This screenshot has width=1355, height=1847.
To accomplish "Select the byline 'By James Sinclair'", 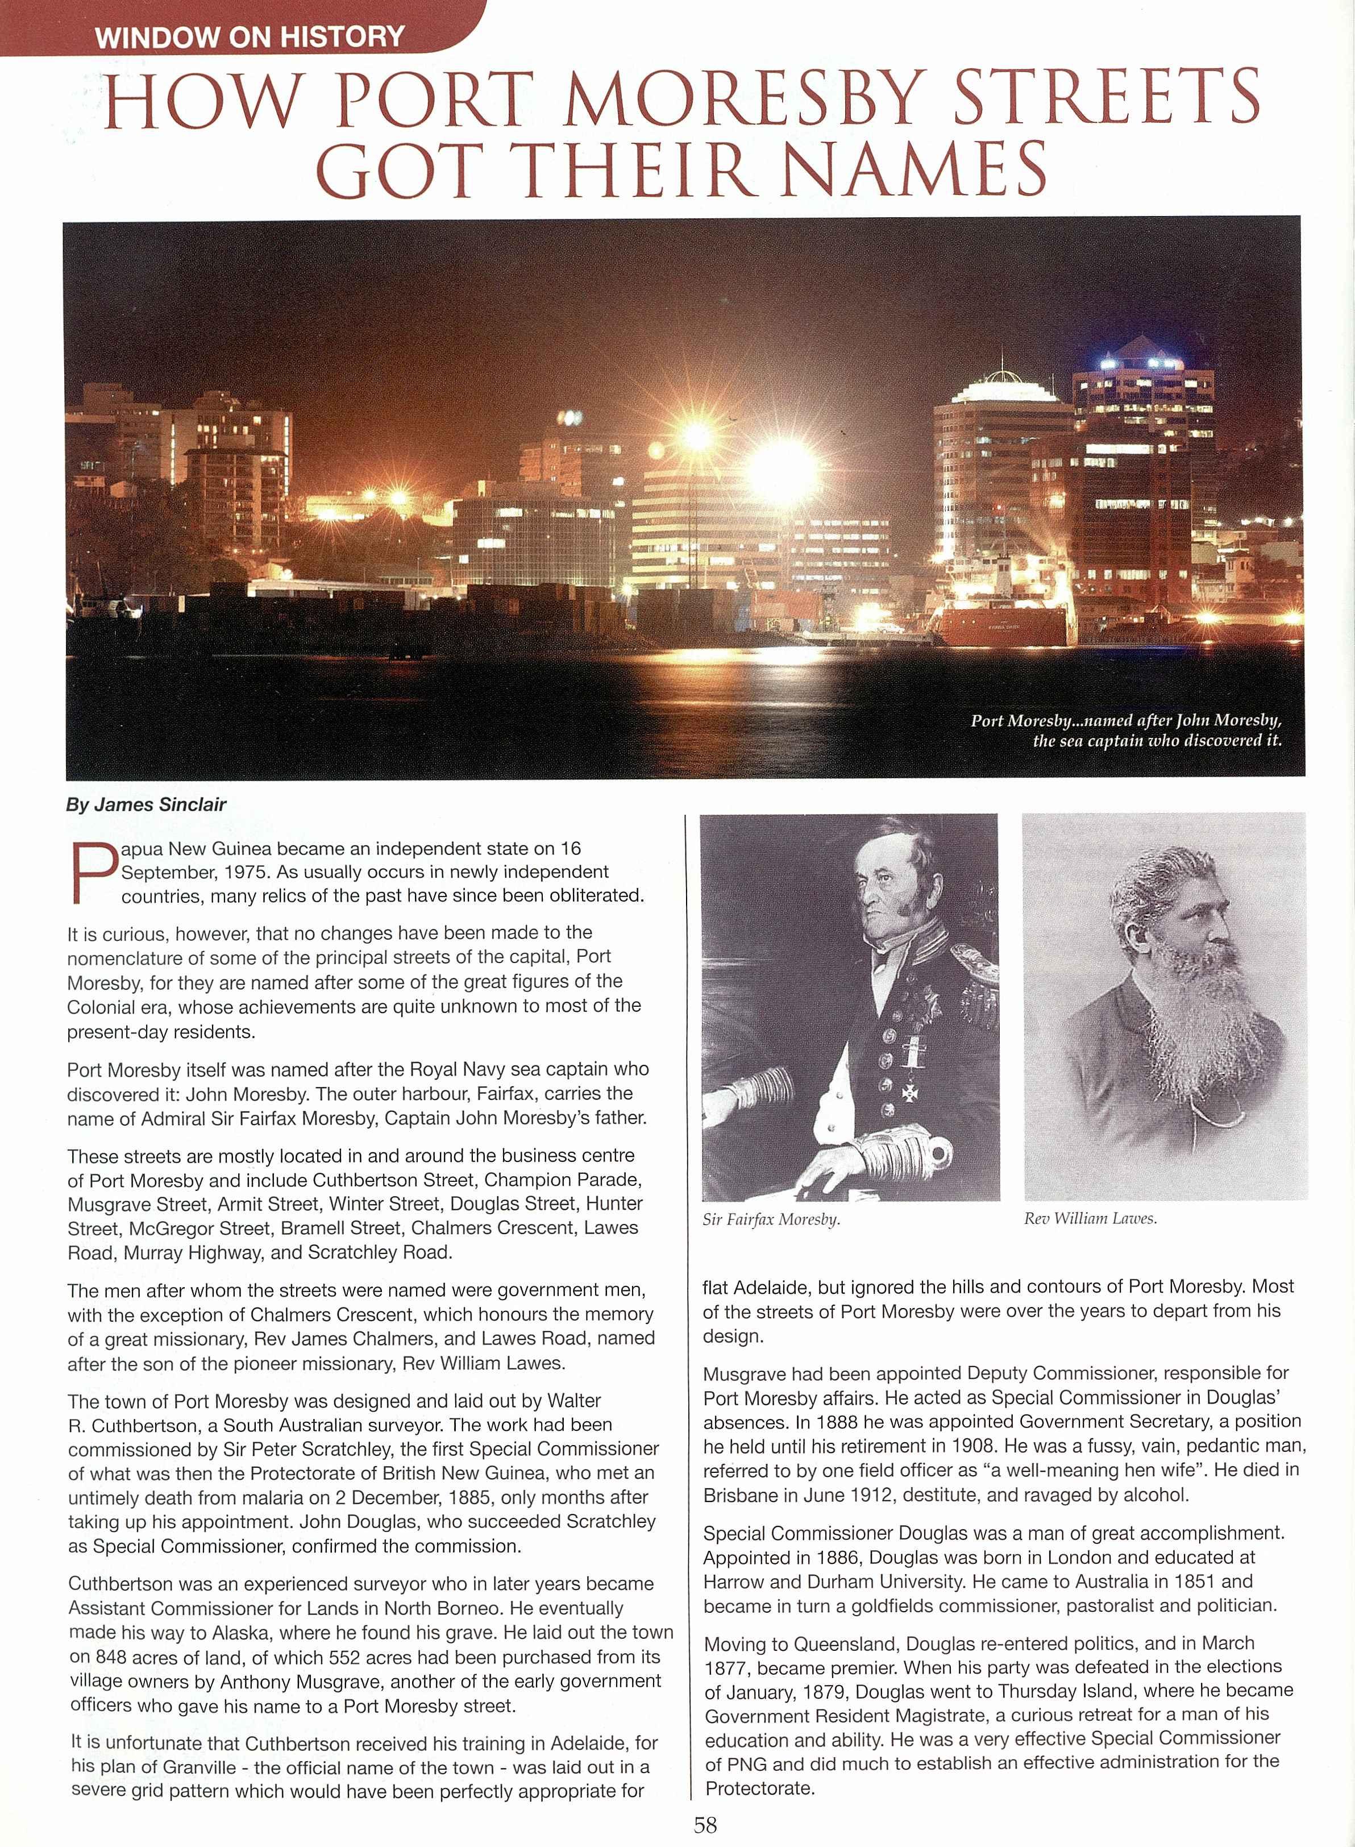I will click(145, 804).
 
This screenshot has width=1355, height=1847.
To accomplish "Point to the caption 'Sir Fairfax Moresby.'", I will click(771, 1219).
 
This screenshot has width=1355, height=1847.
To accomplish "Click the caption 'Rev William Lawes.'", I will click(1090, 1219).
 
